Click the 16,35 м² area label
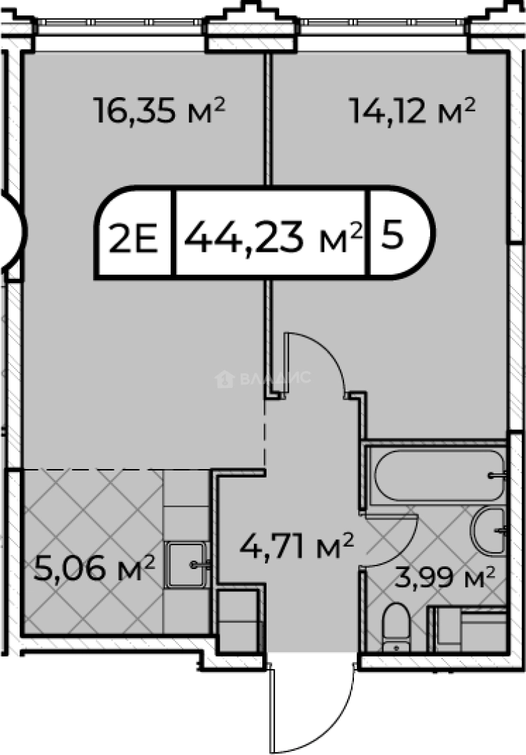point(159,110)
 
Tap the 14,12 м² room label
point(412,110)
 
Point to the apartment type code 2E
point(134,238)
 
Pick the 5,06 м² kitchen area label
point(94,568)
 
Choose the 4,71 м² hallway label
point(297,546)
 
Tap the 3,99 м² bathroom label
point(445,578)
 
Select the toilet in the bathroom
point(396,627)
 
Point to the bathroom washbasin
point(488,531)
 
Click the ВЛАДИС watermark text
point(275,378)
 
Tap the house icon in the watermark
point(225,379)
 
